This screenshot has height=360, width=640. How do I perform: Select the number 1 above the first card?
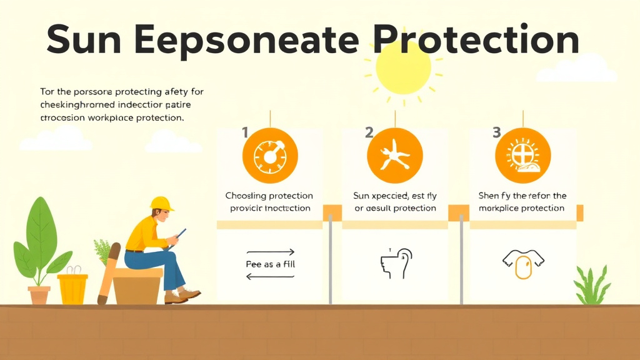245,132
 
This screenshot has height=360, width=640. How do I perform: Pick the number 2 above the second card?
369,132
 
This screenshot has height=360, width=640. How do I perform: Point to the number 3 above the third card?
497,132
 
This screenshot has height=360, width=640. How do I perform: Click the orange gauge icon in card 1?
270,155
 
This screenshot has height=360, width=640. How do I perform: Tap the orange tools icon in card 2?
394,155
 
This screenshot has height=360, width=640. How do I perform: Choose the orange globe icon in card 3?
522,155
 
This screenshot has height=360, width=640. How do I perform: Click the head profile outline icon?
397,262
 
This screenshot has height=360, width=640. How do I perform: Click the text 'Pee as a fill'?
270,264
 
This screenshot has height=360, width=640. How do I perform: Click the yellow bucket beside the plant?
72,288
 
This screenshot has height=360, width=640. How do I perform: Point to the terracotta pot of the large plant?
39,294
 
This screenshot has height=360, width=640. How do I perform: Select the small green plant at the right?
592,286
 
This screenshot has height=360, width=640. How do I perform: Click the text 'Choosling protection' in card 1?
269,196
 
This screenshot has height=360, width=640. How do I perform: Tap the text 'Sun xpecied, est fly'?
394,196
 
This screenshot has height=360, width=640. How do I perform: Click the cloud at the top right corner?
585,69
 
